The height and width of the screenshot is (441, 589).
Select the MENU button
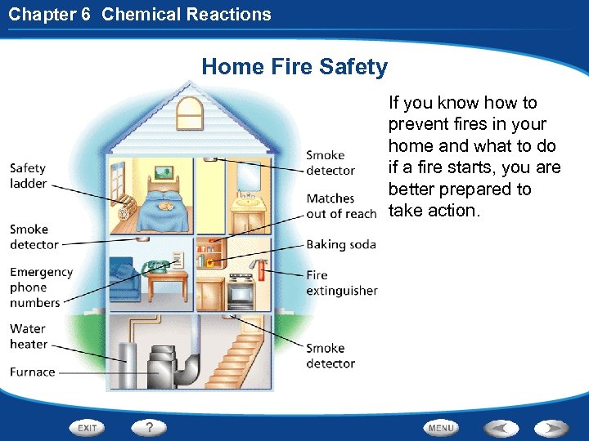[441, 427]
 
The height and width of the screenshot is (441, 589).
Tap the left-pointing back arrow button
[501, 427]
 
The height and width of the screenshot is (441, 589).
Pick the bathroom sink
[245, 200]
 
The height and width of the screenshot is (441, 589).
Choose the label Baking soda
[341, 244]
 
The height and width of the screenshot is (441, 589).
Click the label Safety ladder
[29, 176]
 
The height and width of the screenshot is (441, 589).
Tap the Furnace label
[33, 372]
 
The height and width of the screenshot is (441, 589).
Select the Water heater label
[29, 336]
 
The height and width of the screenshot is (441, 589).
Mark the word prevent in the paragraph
[420, 124]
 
